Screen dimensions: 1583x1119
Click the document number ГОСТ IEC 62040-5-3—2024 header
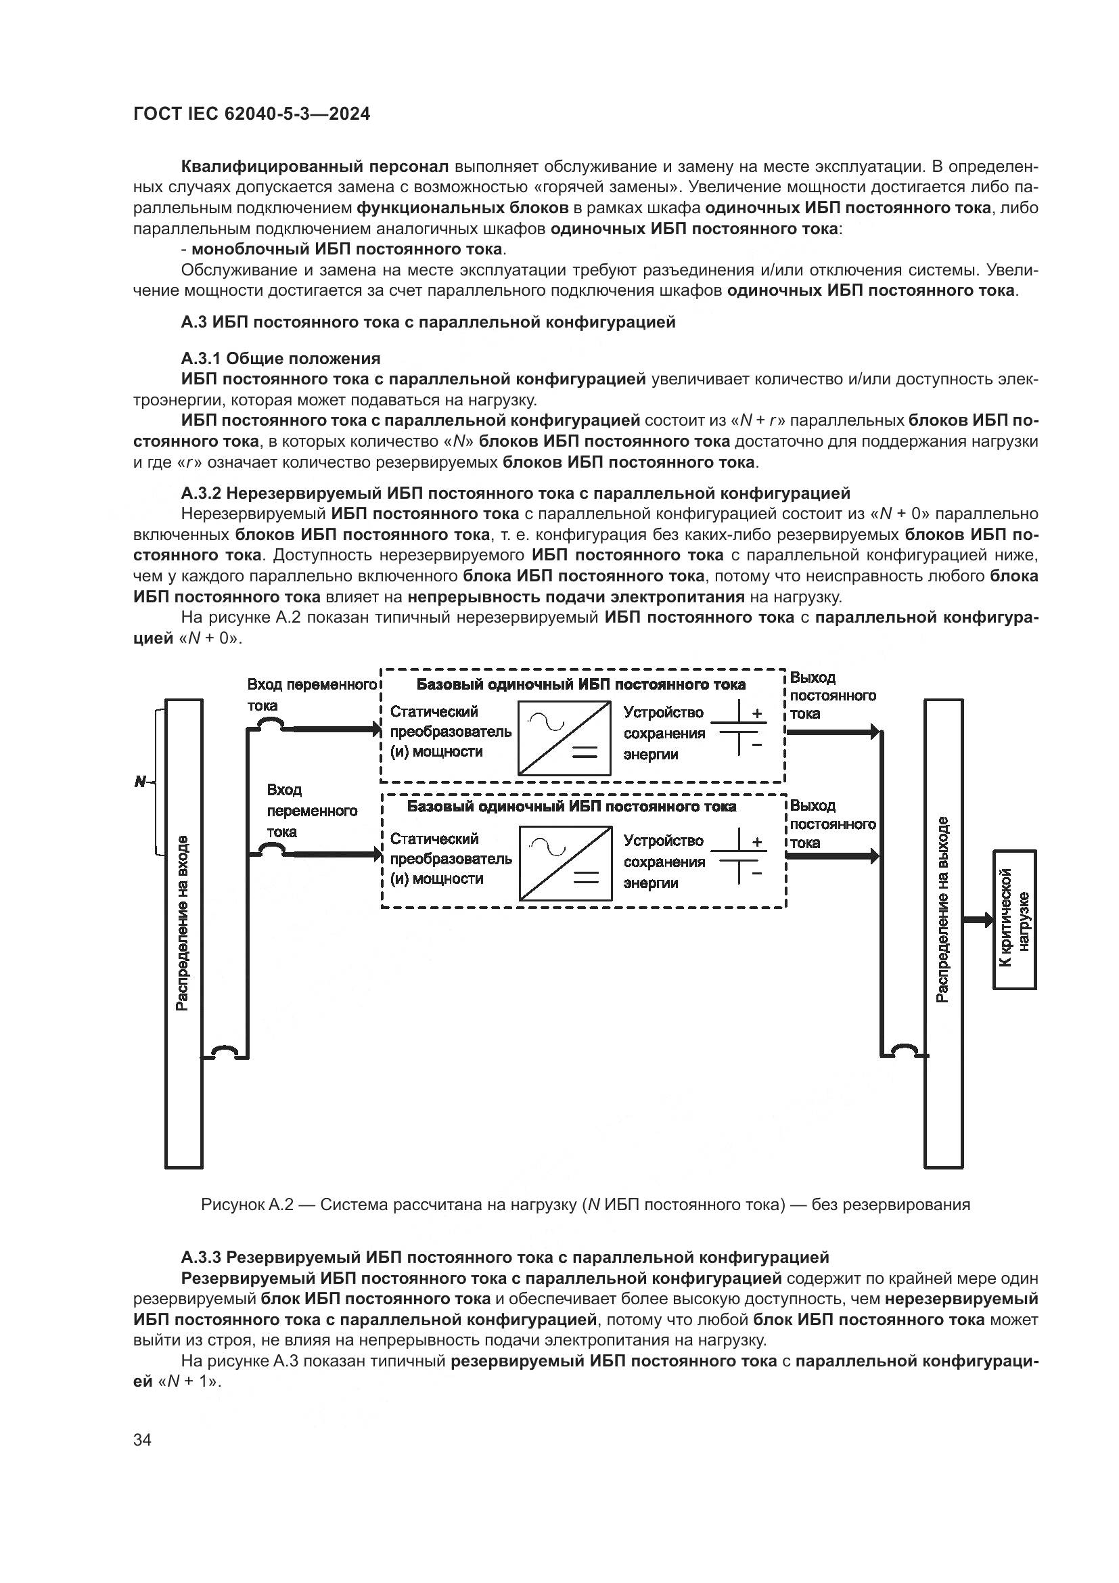coord(252,114)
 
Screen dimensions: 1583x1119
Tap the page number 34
coord(142,1440)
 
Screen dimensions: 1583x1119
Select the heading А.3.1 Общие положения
coord(281,359)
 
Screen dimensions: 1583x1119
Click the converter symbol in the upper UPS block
coord(564,738)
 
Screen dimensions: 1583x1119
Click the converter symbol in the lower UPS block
coord(566,863)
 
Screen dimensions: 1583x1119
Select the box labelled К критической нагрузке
coord(1014,920)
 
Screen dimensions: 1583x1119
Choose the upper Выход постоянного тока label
coord(832,695)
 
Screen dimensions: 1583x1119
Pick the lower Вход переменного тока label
coord(311,810)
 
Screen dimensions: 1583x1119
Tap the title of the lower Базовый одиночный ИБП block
coord(571,806)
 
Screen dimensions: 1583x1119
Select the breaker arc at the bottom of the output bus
coord(903,1051)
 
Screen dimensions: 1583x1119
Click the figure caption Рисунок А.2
coord(585,1205)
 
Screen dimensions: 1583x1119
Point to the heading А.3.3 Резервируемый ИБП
coord(505,1257)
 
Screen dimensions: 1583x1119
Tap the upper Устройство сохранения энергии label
coord(664,733)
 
